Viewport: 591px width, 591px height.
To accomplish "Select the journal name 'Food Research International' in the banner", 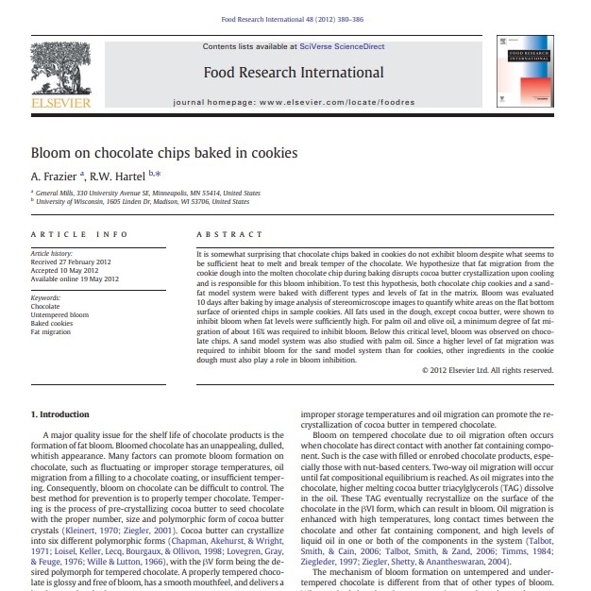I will point(294,73).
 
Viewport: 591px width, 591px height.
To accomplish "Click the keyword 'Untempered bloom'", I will point(59,314).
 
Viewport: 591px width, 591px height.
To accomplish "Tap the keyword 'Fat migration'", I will point(51,332).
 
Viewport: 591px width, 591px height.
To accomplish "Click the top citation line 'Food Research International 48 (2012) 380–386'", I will point(294,18).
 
